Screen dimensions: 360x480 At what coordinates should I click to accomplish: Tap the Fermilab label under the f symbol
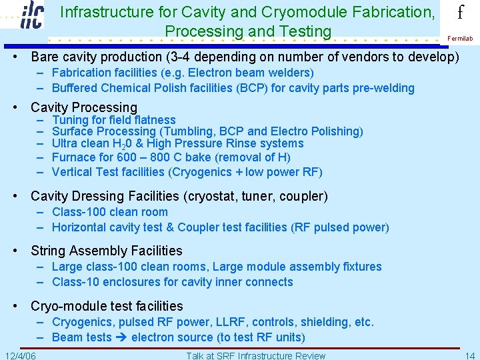tap(460, 39)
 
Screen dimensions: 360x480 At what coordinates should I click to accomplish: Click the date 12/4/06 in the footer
tap(20, 355)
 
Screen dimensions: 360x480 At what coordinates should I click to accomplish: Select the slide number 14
tap(470, 355)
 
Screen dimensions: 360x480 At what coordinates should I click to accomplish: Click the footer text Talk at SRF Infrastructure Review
tap(256, 355)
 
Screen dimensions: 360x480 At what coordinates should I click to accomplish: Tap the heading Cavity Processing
tap(84, 107)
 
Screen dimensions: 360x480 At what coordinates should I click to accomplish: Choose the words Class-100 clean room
tap(110, 212)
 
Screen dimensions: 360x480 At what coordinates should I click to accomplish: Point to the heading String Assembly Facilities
tap(107, 251)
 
